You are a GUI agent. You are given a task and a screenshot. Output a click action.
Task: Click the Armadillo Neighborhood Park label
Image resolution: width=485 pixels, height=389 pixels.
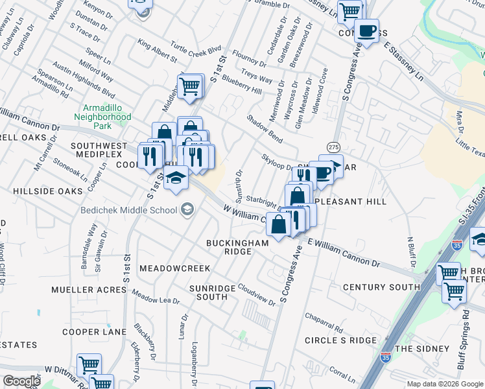(106, 117)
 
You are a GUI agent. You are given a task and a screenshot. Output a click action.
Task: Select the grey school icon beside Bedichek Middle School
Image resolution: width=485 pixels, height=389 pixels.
(187, 209)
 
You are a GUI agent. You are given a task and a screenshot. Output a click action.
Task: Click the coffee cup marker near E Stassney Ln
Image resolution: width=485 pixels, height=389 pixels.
(367, 30)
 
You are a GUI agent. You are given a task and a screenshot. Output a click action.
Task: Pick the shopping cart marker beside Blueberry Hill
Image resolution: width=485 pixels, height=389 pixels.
(189, 86)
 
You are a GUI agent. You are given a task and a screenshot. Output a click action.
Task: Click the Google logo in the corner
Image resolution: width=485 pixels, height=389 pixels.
(21, 381)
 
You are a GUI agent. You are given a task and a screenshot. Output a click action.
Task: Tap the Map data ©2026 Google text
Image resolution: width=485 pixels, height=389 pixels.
(444, 384)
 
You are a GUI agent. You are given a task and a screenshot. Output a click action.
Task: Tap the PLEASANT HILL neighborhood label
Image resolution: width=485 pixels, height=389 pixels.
(350, 202)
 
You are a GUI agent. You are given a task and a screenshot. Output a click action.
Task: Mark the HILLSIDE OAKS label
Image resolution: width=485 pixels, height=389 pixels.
(47, 191)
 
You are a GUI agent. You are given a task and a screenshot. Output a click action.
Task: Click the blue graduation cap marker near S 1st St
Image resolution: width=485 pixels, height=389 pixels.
(175, 180)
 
